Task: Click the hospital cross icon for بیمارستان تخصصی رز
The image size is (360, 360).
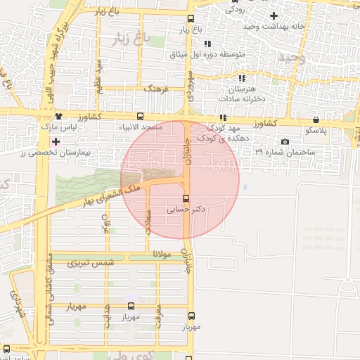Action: (x=56, y=142)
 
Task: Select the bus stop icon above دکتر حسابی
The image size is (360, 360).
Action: (x=186, y=198)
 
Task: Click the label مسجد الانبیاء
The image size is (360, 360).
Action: (x=143, y=127)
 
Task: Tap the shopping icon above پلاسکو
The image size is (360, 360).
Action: (x=316, y=120)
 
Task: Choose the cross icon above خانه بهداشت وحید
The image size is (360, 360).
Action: (x=274, y=15)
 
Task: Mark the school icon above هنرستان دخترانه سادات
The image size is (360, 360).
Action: (x=243, y=79)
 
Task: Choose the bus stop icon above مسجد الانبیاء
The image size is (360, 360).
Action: (x=141, y=117)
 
